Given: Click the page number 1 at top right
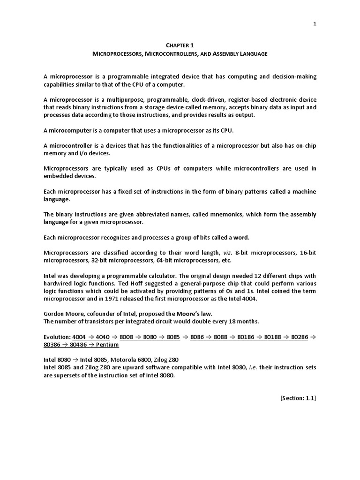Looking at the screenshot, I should pos(315,24).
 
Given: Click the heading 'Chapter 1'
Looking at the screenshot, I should pos(180,45).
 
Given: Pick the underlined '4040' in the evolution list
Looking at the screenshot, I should pos(103,337).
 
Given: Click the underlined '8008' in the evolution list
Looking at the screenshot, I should pos(127,337).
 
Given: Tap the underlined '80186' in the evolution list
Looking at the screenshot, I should pos(247,337).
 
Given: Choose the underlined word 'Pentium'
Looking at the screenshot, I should pos(107,345).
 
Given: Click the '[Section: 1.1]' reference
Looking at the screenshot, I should pos(298,398).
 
